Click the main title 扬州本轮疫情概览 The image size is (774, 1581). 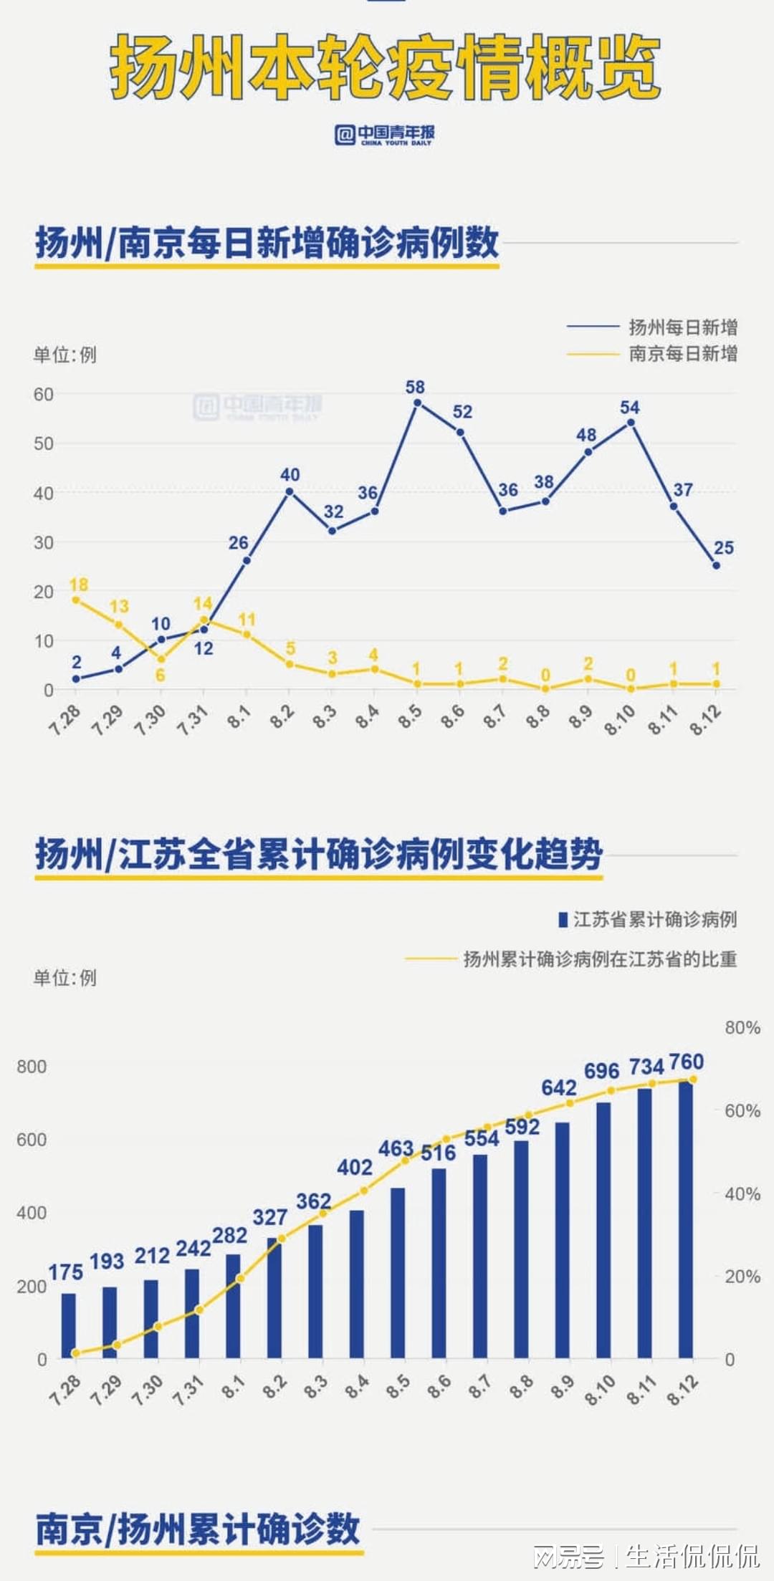(386, 68)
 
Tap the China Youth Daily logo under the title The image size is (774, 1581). (385, 134)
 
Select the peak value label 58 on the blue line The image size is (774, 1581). (415, 387)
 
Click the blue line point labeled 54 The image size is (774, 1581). (631, 422)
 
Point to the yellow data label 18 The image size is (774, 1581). (79, 585)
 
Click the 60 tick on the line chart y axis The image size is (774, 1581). (44, 394)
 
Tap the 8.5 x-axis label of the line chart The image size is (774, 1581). (410, 716)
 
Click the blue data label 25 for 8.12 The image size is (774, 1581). (724, 547)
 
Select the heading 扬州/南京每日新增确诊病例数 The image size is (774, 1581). (267, 242)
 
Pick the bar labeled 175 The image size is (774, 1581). (69, 1325)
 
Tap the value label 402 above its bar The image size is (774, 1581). (355, 1167)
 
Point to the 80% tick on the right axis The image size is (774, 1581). (742, 1027)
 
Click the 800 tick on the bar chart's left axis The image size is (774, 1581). (32, 1066)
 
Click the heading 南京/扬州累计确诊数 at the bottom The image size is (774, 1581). (198, 1529)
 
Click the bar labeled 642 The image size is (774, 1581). (563, 1239)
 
